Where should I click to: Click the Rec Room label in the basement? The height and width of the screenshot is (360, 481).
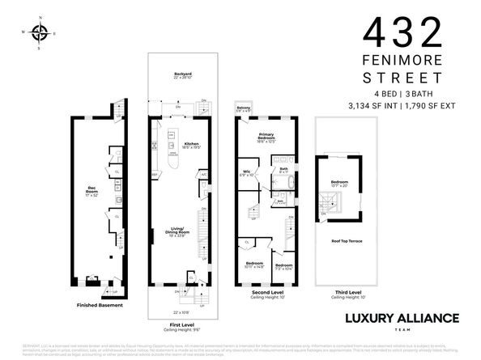pos(92,191)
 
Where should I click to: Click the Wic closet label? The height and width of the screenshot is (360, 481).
pos(248,172)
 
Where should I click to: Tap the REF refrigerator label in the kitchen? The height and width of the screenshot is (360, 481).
pos(155,175)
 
